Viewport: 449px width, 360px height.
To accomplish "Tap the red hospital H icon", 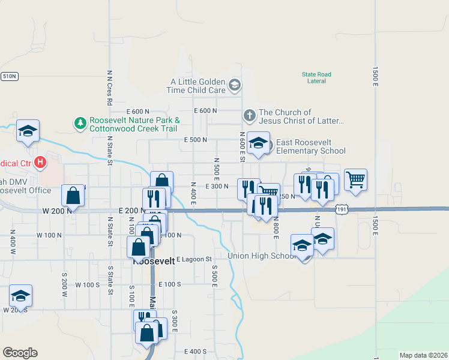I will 40,162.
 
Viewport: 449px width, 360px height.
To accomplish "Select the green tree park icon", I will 79,124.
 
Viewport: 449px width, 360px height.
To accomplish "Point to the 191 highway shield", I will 342,209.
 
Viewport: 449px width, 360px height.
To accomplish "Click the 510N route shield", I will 9,76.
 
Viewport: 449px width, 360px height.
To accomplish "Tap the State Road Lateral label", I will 316,77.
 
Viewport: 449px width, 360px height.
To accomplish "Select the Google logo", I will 20,353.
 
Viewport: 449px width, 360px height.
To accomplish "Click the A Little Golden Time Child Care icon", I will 234,85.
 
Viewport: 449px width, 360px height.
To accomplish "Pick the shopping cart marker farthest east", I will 355,179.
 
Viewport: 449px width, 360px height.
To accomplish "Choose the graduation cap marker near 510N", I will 28,131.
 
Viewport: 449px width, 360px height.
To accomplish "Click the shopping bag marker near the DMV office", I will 73,196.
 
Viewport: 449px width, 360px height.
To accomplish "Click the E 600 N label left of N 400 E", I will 138,112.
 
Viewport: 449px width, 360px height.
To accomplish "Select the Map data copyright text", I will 423,355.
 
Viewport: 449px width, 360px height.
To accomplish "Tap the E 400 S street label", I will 196,351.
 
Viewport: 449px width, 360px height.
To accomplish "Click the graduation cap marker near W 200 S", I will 20,296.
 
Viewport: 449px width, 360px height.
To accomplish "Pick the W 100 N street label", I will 50,235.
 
